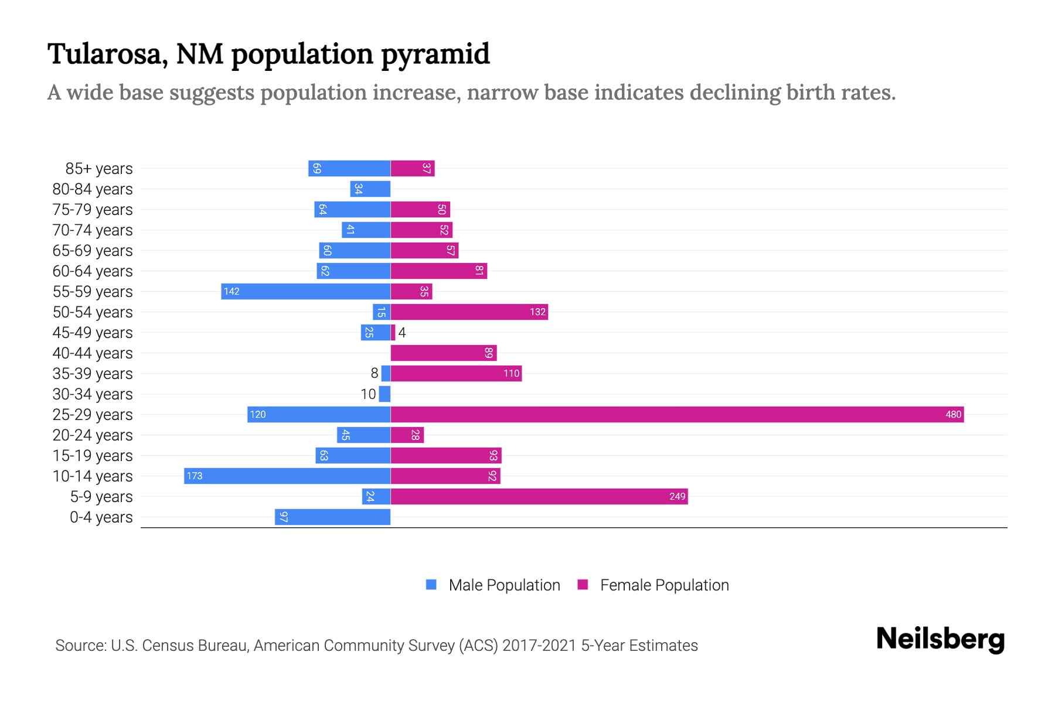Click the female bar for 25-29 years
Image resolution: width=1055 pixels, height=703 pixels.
tap(677, 415)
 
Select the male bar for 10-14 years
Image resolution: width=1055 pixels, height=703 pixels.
tap(287, 476)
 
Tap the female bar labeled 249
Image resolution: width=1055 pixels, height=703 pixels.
tap(539, 497)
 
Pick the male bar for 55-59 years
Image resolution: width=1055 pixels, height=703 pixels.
tap(306, 292)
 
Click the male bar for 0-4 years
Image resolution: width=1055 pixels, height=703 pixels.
tap(333, 517)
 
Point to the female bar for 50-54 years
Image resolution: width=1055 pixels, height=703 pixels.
tap(469, 312)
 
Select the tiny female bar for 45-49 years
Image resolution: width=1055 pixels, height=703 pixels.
tap(393, 333)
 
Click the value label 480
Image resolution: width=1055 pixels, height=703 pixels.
tap(953, 415)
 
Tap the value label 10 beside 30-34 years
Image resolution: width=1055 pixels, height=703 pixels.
tap(368, 394)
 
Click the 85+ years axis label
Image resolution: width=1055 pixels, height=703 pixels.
tap(99, 169)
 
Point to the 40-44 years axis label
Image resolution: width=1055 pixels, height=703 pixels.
tap(93, 353)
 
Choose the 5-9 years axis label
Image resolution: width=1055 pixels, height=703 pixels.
tap(101, 497)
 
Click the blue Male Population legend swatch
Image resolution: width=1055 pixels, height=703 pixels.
tap(431, 585)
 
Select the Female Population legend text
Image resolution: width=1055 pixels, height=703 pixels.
tap(664, 585)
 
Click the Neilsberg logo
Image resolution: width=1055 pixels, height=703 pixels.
tap(940, 639)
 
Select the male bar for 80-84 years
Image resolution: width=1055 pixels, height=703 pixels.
tap(370, 189)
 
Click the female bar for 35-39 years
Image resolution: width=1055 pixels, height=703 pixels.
tap(456, 374)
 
